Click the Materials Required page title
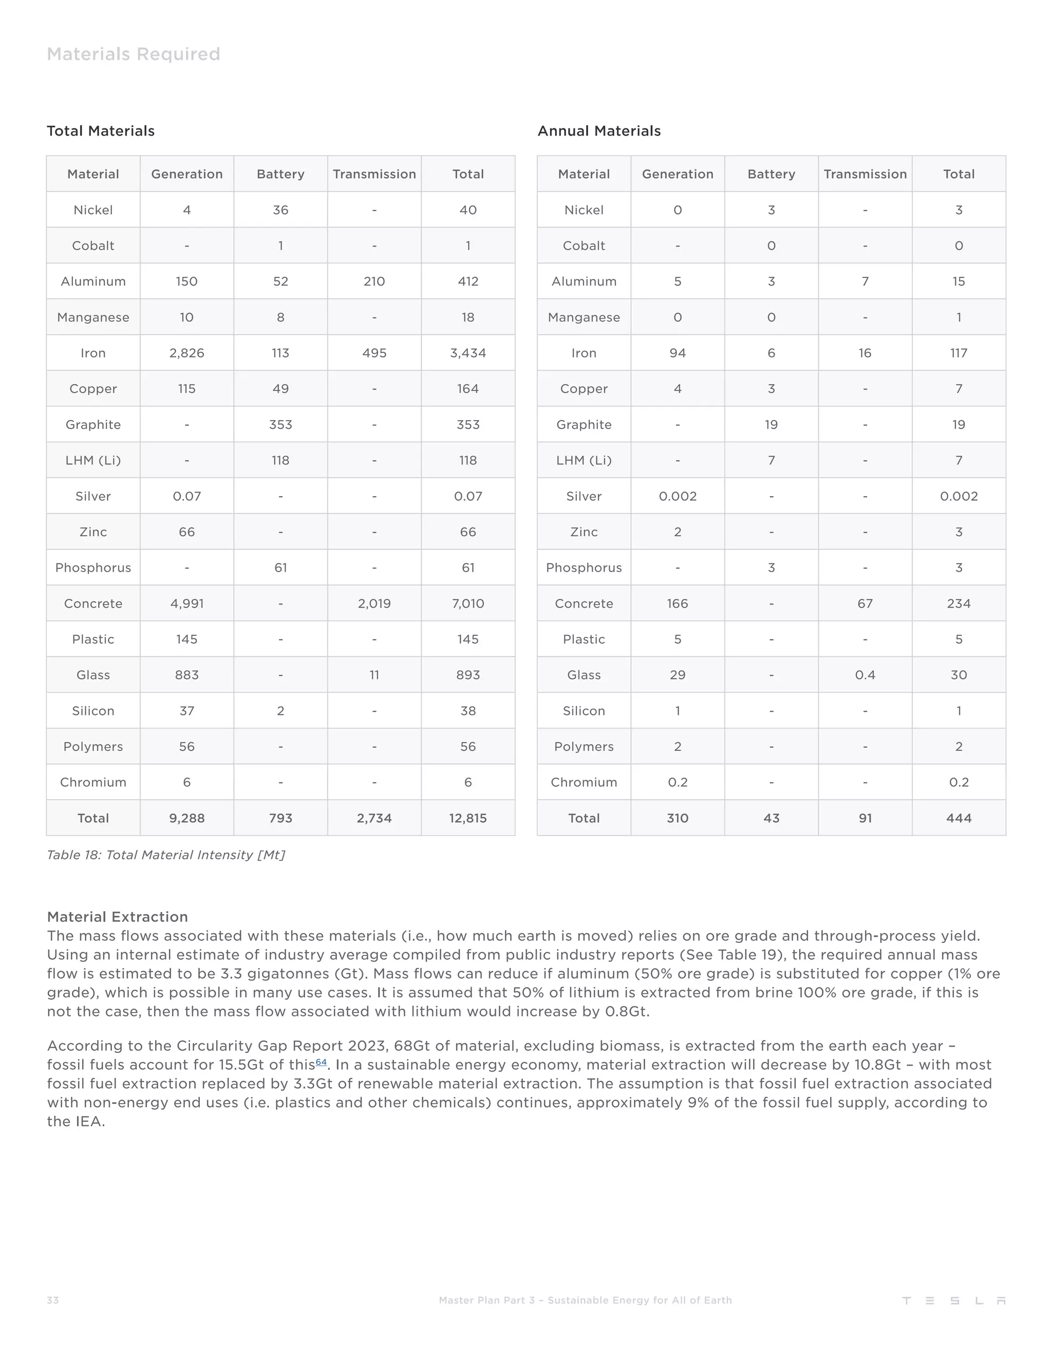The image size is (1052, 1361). coord(134,54)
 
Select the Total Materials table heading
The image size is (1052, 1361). coord(100,131)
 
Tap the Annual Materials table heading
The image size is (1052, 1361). coord(598,131)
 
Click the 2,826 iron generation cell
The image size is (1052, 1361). coord(186,353)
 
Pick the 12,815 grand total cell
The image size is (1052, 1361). coord(467,818)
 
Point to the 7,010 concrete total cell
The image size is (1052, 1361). coord(467,603)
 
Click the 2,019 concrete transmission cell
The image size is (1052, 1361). coord(374,603)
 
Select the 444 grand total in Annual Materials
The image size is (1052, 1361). coord(958,818)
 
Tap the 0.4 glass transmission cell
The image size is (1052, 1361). coord(865,675)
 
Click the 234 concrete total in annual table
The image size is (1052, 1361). coord(958,603)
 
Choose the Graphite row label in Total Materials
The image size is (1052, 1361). coord(93,424)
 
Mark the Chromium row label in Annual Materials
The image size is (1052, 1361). coord(584,782)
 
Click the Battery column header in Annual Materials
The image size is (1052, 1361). coord(771,174)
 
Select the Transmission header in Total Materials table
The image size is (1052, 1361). coord(374,174)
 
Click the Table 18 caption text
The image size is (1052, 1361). coord(166,855)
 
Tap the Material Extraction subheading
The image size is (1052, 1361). coord(117,917)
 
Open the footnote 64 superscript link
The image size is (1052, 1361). coord(321,1063)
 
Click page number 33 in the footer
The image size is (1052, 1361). coord(52,1300)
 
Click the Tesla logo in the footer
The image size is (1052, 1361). coord(953,1300)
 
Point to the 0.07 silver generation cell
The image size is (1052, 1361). coord(186,496)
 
